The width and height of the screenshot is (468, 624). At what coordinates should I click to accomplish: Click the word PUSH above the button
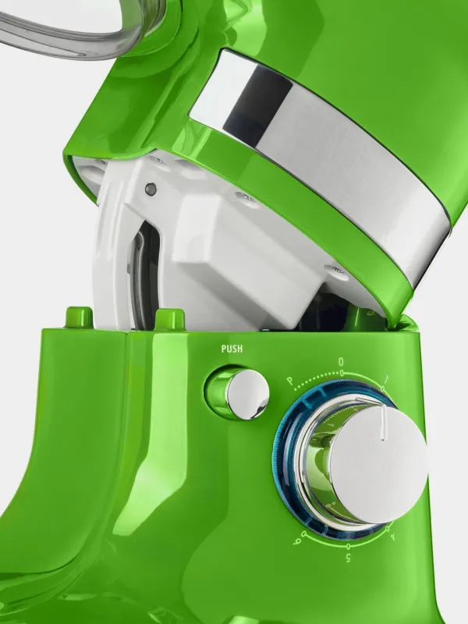point(232,349)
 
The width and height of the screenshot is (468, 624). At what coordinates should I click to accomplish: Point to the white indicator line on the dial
point(383,423)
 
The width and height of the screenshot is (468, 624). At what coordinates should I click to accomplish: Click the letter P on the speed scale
point(290,381)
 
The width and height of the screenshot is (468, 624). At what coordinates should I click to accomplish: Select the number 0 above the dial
point(341,362)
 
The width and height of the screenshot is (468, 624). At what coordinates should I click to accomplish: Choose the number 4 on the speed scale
point(393,537)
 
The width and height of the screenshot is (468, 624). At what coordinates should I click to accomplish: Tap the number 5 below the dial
point(348,558)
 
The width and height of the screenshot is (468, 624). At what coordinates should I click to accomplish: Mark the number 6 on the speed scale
point(296,541)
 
